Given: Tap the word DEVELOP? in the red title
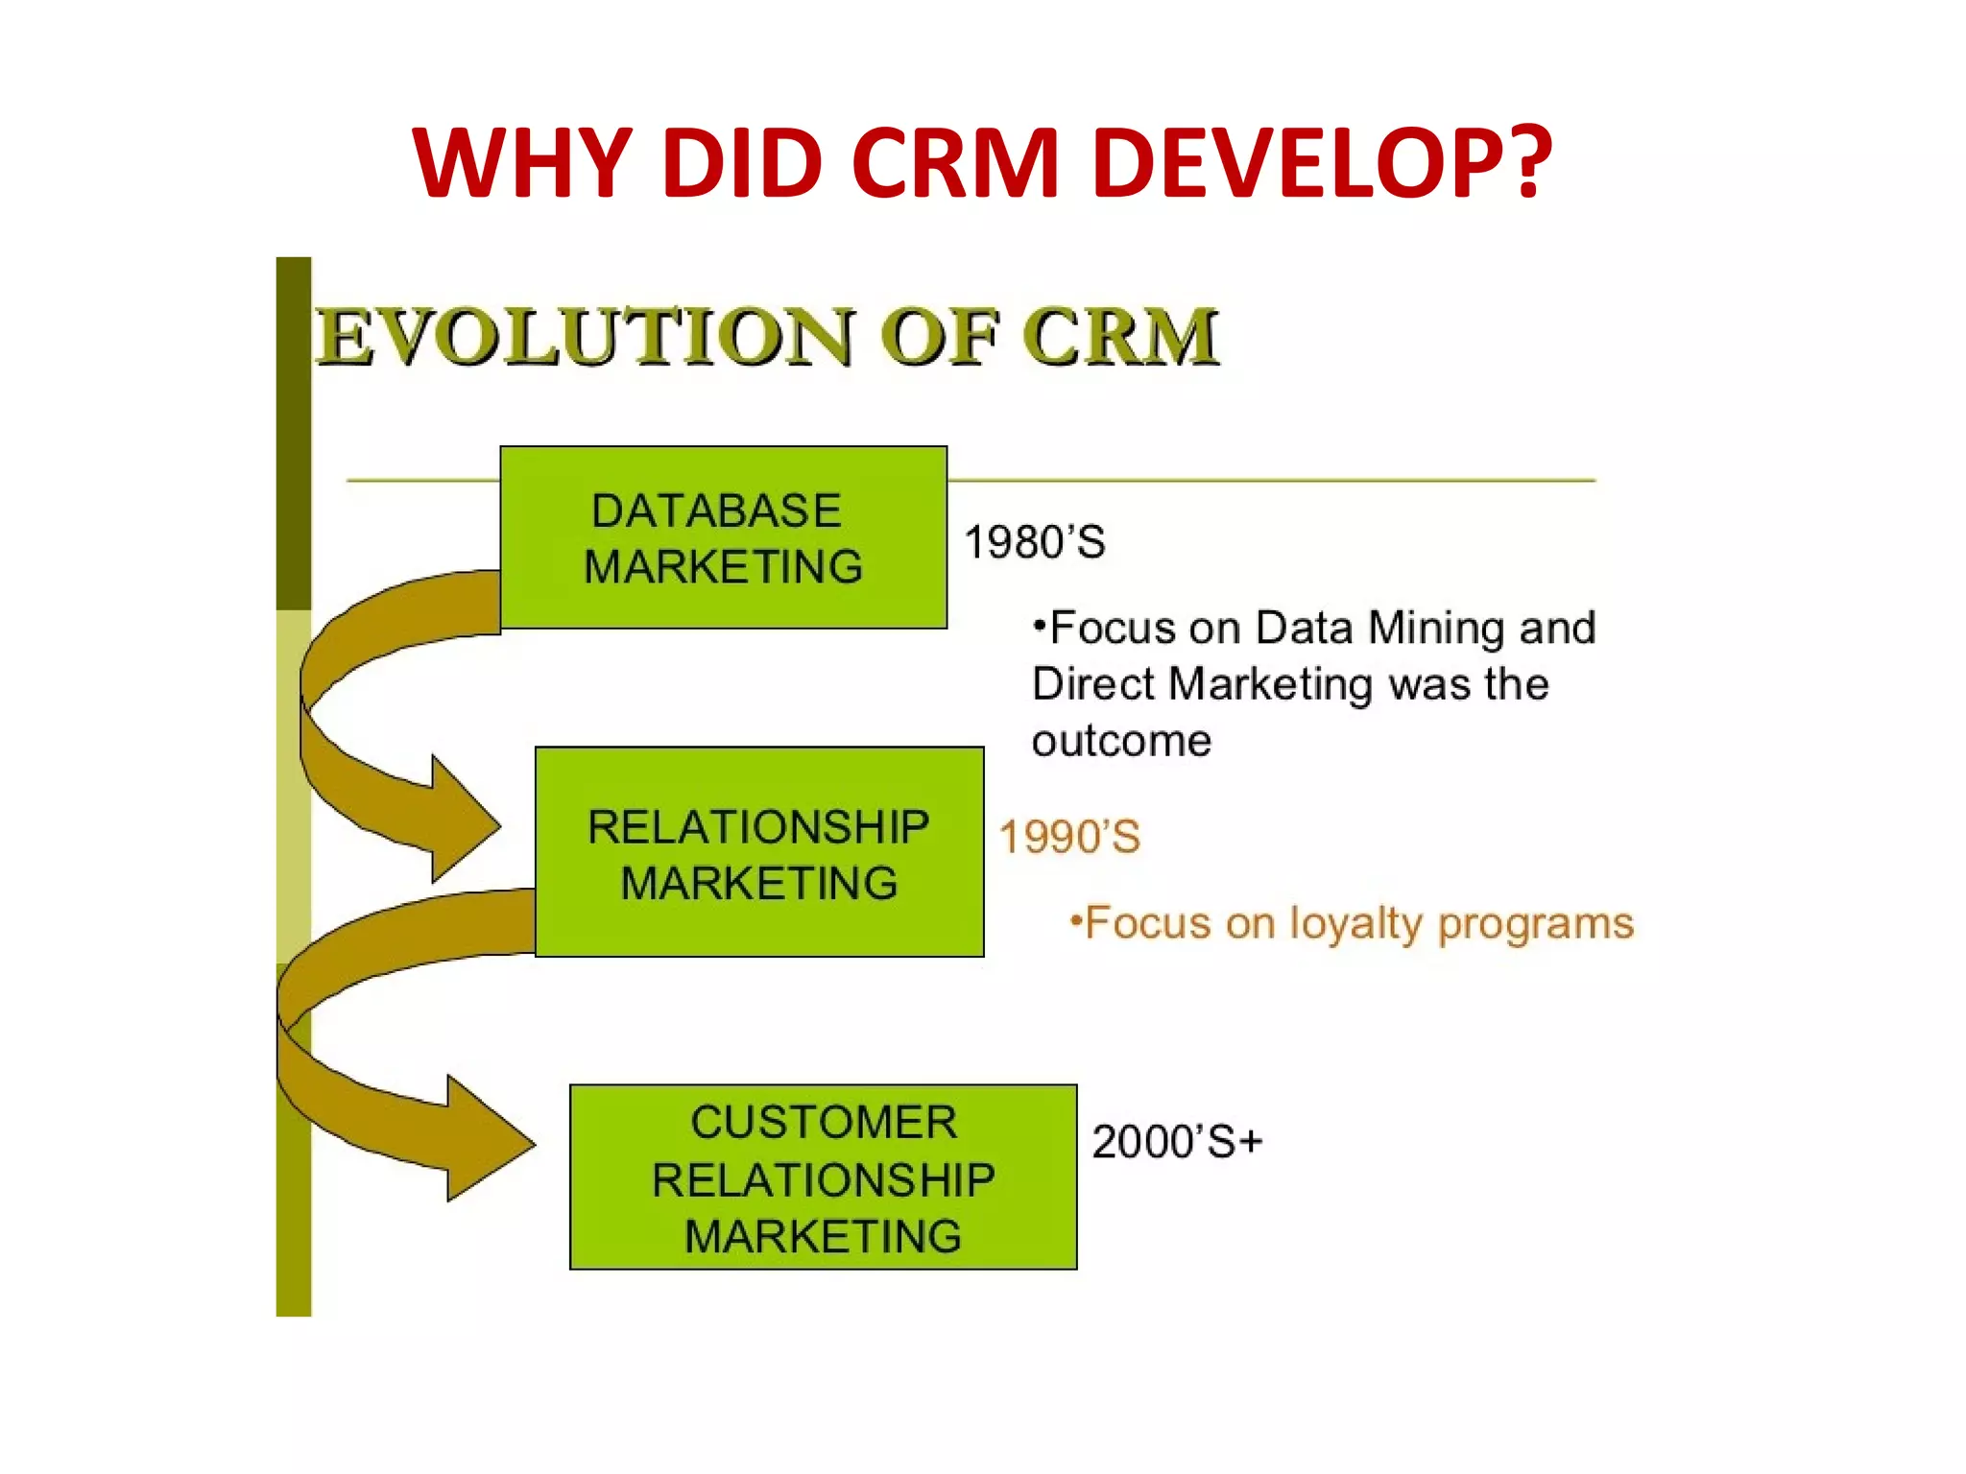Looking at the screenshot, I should pos(1322,163).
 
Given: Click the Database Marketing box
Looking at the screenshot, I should pos(723,537).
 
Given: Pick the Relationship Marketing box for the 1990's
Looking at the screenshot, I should pos(758,852).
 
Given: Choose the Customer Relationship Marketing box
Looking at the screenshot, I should pos(823,1177).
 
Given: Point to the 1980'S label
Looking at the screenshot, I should pos(1034,542).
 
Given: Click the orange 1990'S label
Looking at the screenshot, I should pos(1069,837).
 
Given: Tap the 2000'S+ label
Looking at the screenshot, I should pos(1177,1142).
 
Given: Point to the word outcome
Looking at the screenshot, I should pos(1121,741).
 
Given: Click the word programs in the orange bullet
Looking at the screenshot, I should pos(1535,924).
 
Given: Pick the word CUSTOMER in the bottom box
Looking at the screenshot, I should pos(824,1122).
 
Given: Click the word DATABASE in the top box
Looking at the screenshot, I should pos(716,511).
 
